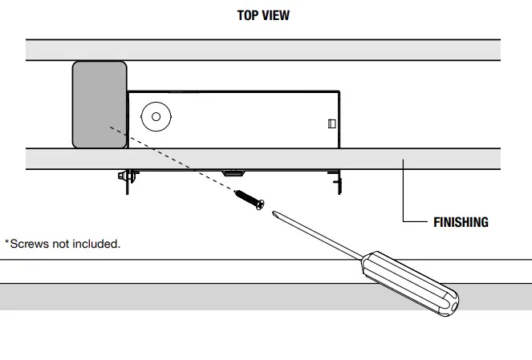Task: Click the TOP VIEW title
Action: pos(263,15)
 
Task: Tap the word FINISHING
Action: pos(460,222)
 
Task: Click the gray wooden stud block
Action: pos(99,104)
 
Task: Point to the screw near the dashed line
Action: pos(248,200)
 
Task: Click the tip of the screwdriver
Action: pos(274,212)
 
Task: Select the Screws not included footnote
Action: pos(63,244)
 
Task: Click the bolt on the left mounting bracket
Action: pos(120,175)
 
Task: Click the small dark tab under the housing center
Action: pos(233,172)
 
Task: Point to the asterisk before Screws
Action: pos(7,242)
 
